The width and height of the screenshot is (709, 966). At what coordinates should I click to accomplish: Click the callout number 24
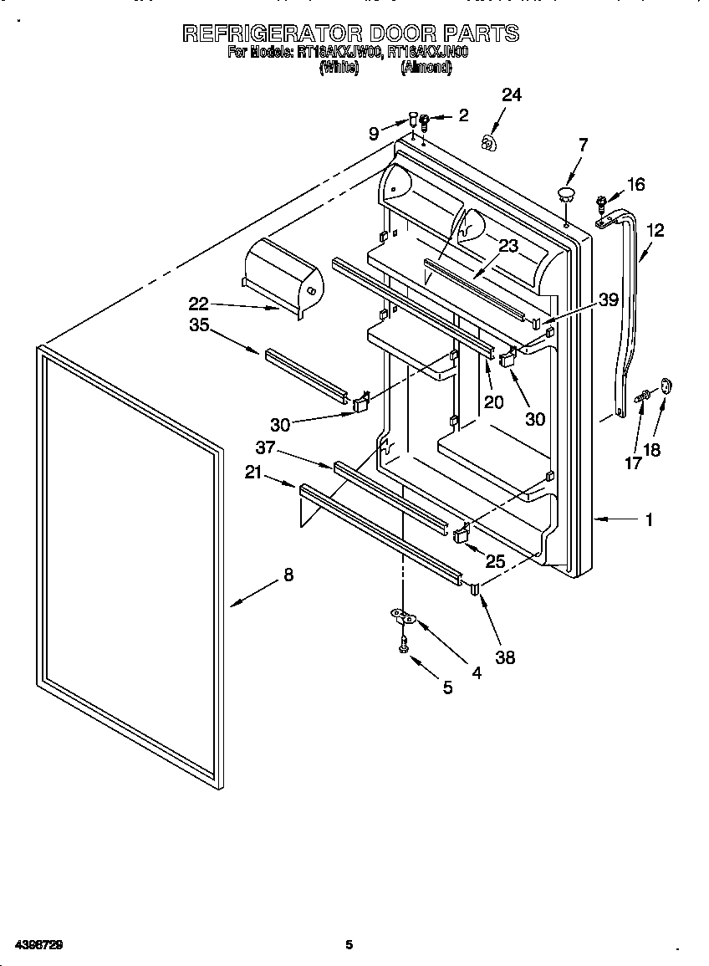pos(511,95)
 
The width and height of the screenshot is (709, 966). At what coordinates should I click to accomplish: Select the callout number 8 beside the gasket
pos(288,575)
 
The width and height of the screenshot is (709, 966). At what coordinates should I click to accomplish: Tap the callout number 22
pos(197,304)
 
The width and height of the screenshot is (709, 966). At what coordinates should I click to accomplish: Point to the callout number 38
pos(504,657)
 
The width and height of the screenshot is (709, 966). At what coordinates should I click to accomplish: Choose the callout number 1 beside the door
pos(648,520)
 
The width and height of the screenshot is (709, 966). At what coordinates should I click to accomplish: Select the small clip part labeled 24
pos(488,143)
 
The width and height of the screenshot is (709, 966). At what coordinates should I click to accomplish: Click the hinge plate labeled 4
pos(404,617)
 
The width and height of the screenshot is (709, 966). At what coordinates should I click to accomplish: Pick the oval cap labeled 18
pos(666,385)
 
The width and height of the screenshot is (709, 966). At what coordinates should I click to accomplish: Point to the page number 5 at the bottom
pos(349,945)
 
